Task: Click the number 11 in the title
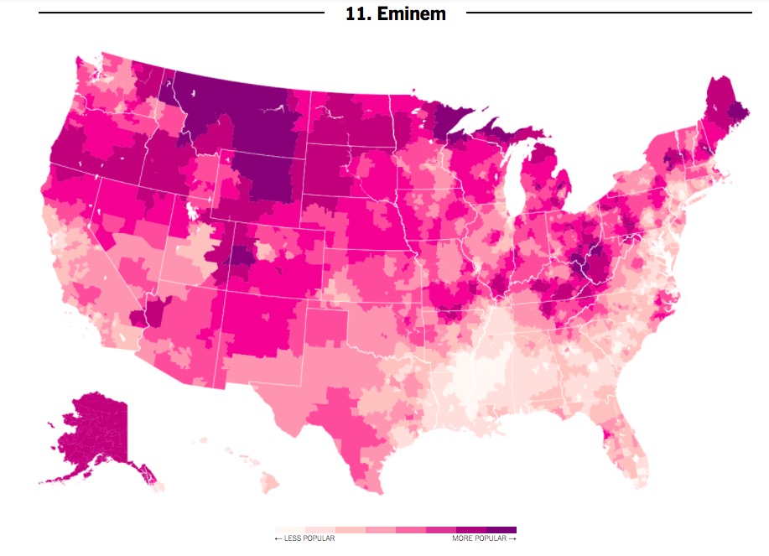(x=356, y=14)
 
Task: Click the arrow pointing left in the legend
(x=278, y=538)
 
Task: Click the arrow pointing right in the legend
(x=512, y=538)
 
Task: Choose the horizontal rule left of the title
(x=180, y=13)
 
